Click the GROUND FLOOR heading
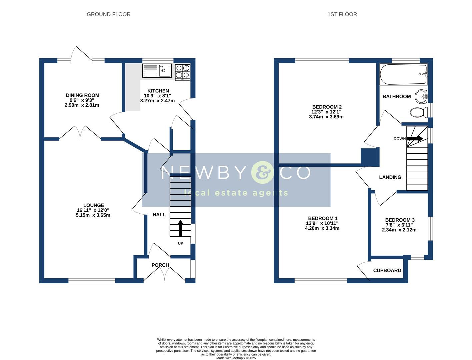point(108,14)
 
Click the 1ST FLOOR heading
point(342,14)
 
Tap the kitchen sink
point(157,71)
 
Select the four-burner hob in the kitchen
point(183,72)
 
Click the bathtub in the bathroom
point(403,74)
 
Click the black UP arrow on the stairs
point(180,228)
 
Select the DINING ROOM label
point(83,95)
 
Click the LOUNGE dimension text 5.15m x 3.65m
point(93,215)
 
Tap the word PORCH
point(160,265)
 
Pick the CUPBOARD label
point(387,270)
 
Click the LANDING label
point(390,177)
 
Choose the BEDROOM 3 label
point(400,220)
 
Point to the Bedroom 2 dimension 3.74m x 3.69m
point(326,117)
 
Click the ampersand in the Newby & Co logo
point(262,172)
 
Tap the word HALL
point(159,215)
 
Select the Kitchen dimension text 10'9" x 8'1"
point(157,96)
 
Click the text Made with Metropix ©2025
point(236,358)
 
